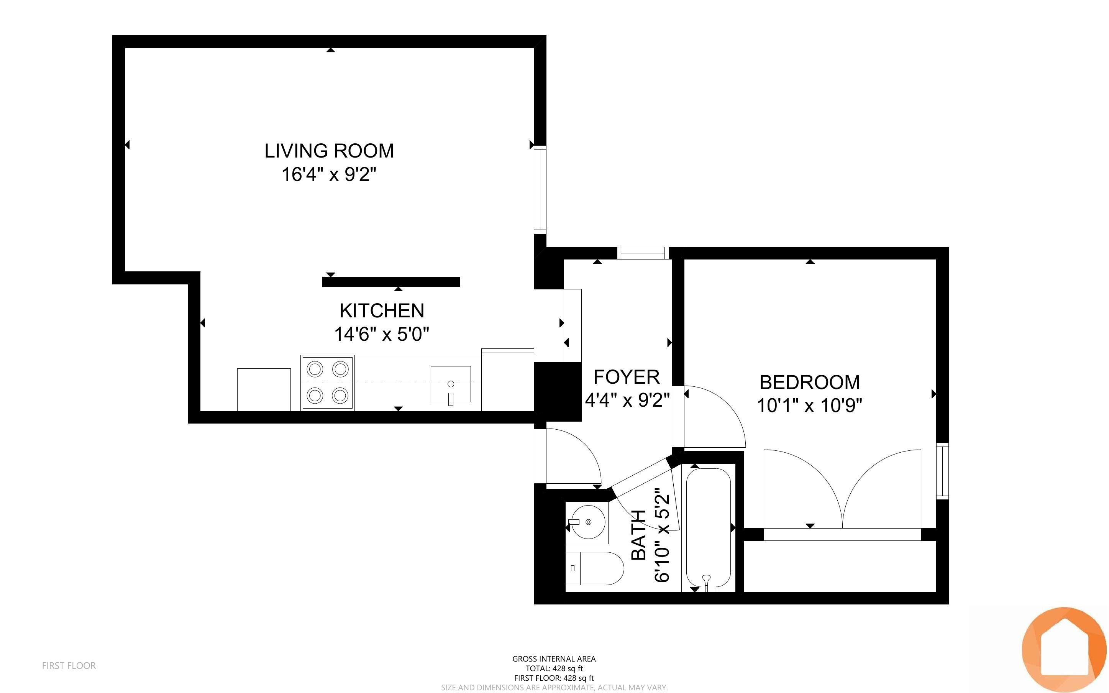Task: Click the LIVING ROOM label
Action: tap(329, 151)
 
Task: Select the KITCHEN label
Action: tap(382, 311)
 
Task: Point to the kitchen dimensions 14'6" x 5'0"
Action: tap(382, 334)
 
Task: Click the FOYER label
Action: tap(626, 377)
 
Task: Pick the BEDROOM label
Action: tap(809, 382)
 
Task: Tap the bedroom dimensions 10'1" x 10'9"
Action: tap(809, 406)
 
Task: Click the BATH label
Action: tap(638, 535)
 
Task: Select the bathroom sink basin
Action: tap(587, 522)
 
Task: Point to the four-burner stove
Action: tap(327, 383)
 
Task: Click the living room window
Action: tap(541, 190)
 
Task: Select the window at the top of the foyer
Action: tap(643, 253)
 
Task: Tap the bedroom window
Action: tap(942, 471)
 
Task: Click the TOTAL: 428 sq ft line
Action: tap(554, 668)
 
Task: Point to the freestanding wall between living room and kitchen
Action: tap(391, 282)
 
